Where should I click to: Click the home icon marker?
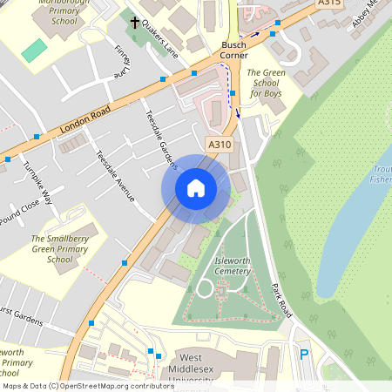(x=196, y=187)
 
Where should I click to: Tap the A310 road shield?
(x=220, y=144)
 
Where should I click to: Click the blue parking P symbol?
(x=304, y=354)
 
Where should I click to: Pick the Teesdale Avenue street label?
(x=115, y=178)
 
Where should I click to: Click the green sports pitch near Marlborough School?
(x=34, y=50)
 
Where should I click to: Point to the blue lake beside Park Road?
(x=348, y=235)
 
